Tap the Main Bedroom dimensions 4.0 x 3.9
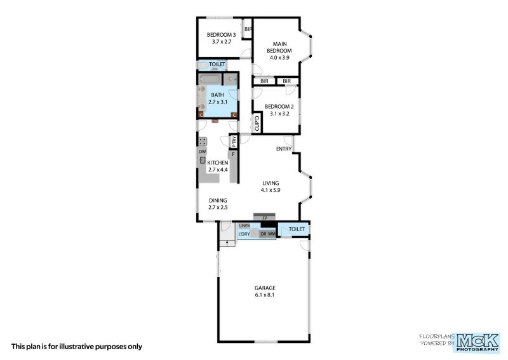pyautogui.click(x=278, y=57)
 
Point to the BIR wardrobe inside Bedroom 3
pyautogui.click(x=248, y=29)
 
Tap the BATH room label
pyautogui.click(x=217, y=95)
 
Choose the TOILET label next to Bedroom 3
pyautogui.click(x=217, y=65)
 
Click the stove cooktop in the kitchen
pyautogui.click(x=203, y=142)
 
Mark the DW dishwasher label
pyautogui.click(x=202, y=152)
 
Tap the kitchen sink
pyautogui.click(x=203, y=161)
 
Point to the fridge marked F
pyautogui.click(x=233, y=154)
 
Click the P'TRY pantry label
pyautogui.click(x=234, y=141)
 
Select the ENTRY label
pyautogui.click(x=284, y=149)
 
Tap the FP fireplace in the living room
pyautogui.click(x=264, y=218)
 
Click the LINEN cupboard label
pyautogui.click(x=244, y=225)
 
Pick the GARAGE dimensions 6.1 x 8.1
pyautogui.click(x=265, y=295)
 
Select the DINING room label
pyautogui.click(x=218, y=200)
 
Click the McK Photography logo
pyautogui.click(x=478, y=342)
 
